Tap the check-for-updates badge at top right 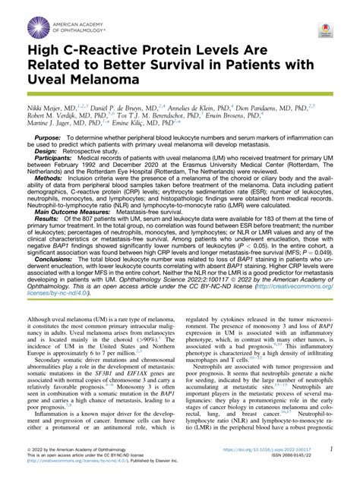[326, 33]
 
